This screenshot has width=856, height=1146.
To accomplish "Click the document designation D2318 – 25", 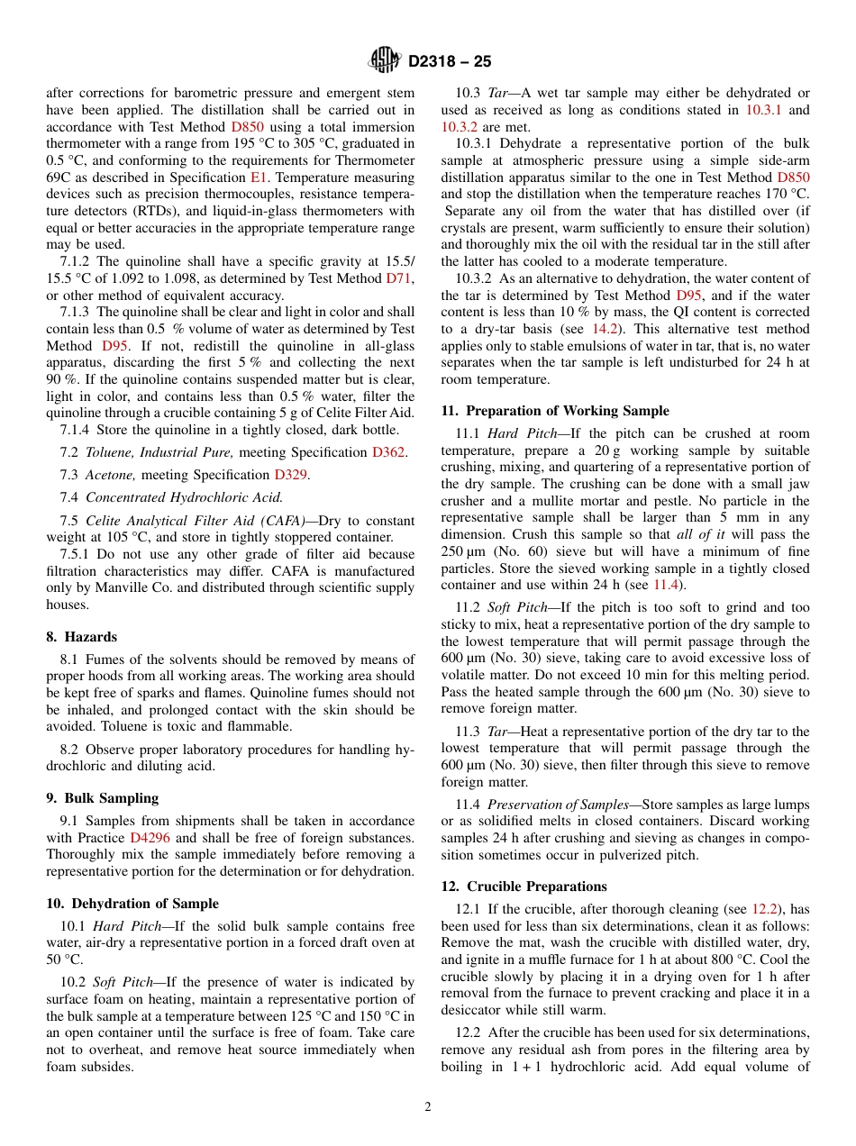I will point(450,62).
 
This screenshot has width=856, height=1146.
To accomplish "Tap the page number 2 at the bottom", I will point(428,1107).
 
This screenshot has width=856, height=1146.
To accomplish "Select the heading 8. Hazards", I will point(81,636).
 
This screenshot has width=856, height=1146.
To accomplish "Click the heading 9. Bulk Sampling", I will point(102,797).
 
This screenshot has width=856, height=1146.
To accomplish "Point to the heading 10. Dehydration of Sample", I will point(132,904).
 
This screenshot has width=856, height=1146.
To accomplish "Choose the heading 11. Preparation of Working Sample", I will point(554,411).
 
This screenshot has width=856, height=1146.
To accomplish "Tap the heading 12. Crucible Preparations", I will point(524,887).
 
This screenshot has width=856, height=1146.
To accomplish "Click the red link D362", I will point(388,452).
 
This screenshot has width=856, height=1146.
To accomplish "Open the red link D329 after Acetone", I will point(290,475).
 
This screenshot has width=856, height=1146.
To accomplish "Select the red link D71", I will point(399,278).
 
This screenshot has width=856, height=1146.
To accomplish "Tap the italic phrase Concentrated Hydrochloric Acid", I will point(183,497).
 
